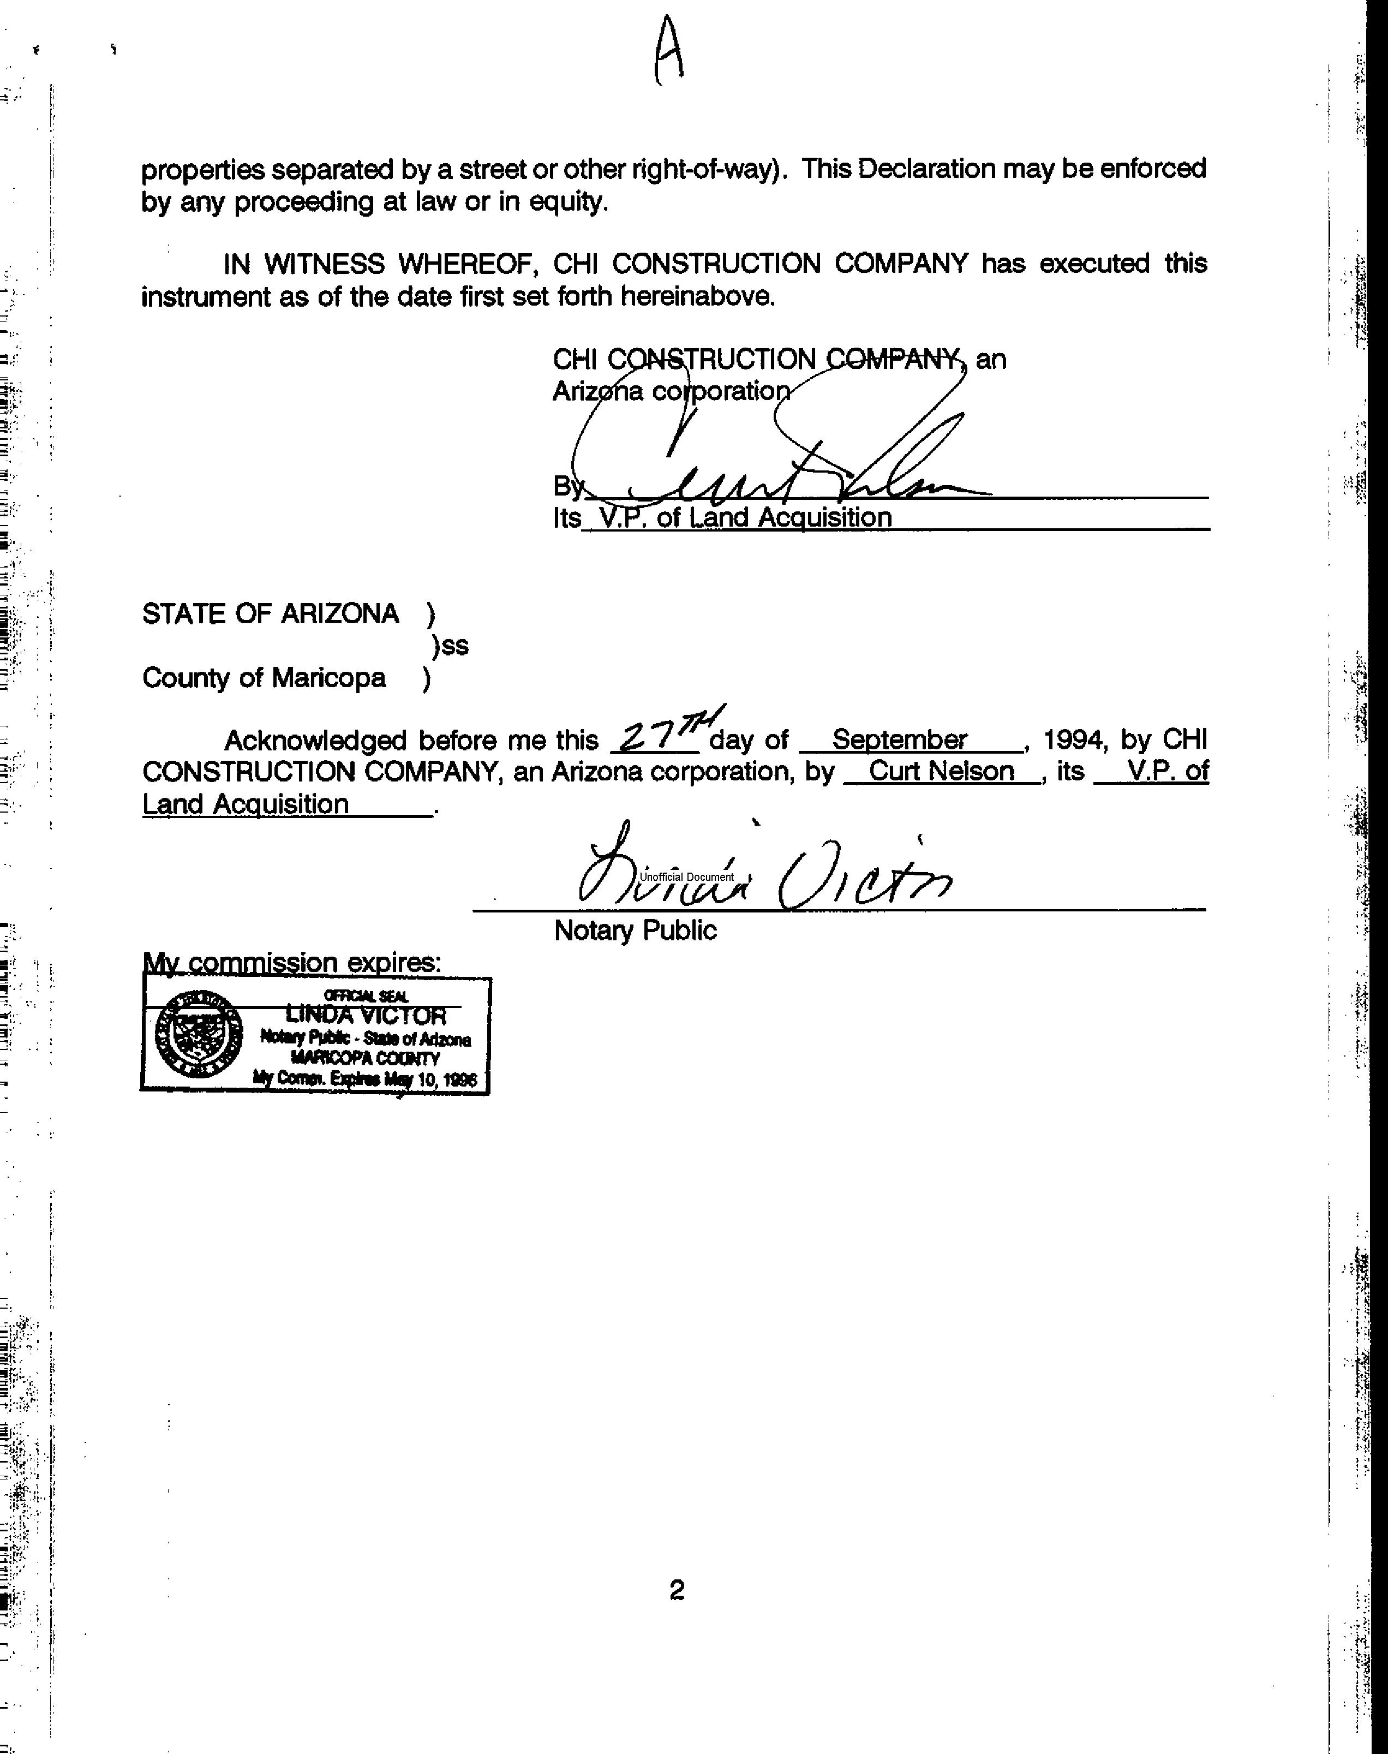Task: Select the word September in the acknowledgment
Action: click(900, 739)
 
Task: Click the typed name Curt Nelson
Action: click(941, 771)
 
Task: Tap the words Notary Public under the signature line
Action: click(635, 930)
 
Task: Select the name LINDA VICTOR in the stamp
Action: click(366, 1015)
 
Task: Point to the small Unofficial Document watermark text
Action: click(687, 877)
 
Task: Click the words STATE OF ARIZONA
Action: click(271, 613)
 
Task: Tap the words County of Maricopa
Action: click(264, 678)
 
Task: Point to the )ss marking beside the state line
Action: click(450, 646)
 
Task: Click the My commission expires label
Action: click(292, 962)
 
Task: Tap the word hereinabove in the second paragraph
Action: click(698, 296)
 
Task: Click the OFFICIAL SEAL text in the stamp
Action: click(366, 995)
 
